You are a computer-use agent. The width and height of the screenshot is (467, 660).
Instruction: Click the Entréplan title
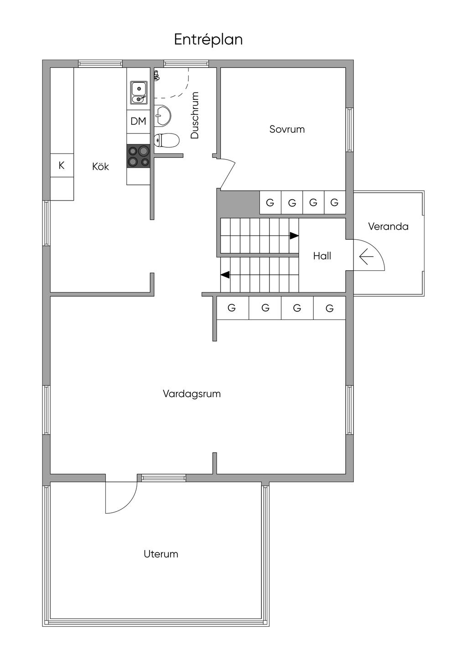pos(208,40)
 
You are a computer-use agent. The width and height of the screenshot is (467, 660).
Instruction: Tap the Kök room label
pos(100,167)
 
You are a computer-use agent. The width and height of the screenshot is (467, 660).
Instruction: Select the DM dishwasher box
pos(138,121)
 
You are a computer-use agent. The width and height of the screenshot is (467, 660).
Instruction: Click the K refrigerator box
pos(62,165)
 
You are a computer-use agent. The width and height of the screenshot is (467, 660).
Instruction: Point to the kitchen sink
pos(139,92)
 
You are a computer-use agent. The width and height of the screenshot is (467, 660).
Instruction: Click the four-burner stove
pos(139,156)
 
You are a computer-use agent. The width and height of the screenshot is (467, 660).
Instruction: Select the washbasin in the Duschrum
pos(162,115)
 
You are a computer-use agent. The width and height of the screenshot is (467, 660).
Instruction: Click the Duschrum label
pos(195,115)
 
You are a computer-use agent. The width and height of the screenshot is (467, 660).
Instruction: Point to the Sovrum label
pos(287,129)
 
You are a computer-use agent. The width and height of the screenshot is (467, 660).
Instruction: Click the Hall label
pos(322,256)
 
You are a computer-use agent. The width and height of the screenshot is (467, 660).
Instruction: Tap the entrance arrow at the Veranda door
pos(366,258)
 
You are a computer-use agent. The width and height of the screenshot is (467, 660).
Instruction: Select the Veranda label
pos(388,227)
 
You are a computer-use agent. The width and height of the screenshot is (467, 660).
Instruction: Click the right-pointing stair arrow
pos(294,236)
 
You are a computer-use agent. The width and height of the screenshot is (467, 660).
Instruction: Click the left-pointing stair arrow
pos(225,275)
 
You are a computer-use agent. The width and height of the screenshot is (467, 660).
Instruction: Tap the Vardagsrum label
pos(192,394)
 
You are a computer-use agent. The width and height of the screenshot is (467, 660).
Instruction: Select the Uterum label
pos(161,554)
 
